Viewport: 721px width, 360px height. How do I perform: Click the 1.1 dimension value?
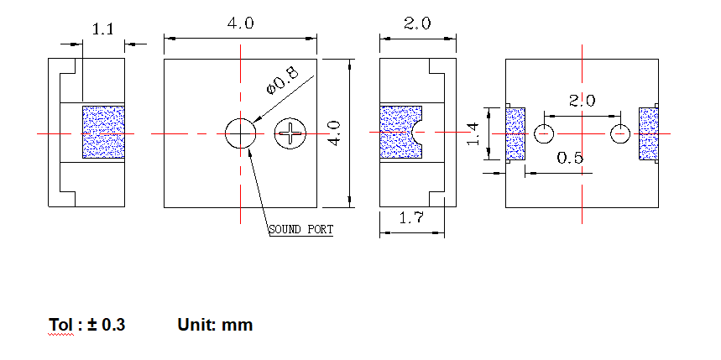point(102,29)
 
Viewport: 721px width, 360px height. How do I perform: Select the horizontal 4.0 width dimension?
point(240,23)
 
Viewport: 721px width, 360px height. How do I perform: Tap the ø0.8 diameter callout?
point(281,81)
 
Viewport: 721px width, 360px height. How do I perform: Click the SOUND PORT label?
point(300,229)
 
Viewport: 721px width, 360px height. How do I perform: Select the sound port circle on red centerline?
point(240,133)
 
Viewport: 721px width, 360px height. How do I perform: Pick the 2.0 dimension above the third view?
point(417,23)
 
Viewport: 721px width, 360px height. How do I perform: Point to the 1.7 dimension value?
point(410,219)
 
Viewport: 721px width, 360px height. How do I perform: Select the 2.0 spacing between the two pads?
point(582,101)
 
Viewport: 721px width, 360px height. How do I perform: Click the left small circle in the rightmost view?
point(545,133)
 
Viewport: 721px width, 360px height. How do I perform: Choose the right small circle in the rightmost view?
point(619,133)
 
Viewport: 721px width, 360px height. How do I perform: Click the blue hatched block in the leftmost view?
point(103,132)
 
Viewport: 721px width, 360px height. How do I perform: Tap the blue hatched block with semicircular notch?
point(400,133)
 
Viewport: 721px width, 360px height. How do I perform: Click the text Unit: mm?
point(215,325)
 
